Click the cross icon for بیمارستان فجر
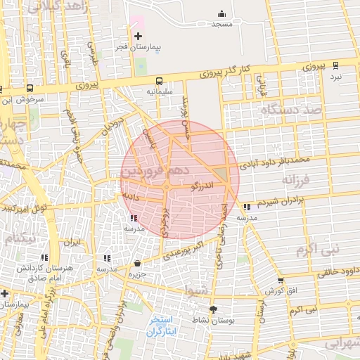pos(138,36)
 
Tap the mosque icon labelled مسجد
pos(222,13)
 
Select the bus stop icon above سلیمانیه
pos(159,81)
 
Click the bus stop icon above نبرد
pos(335,65)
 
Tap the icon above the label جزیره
pos(137,263)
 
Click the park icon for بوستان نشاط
pos(213,309)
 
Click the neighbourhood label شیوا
pos(195,288)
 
